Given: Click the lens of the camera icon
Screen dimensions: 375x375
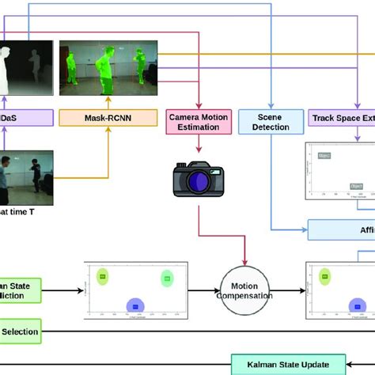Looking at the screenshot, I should [x=195, y=181].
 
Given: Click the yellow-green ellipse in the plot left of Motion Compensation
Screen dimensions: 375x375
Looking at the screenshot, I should [x=103, y=276].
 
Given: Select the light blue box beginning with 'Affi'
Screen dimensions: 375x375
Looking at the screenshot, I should [x=340, y=229].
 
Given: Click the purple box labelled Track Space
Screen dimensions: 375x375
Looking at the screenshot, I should [x=340, y=119].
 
